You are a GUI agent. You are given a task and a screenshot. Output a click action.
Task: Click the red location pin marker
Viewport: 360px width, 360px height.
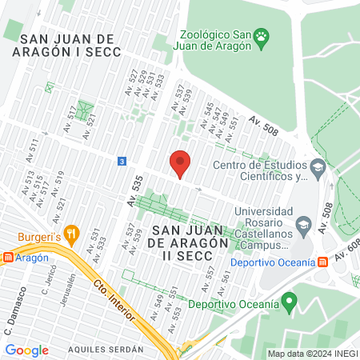click(x=181, y=163)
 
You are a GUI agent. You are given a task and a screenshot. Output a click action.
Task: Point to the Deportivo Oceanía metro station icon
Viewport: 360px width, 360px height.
click(x=322, y=262)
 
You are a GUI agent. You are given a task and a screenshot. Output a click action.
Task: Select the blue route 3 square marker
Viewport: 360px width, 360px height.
click(x=122, y=161)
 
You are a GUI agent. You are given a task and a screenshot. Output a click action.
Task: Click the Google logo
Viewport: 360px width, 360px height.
click(x=26, y=350)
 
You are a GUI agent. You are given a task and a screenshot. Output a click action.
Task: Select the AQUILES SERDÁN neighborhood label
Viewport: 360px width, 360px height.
click(x=106, y=350)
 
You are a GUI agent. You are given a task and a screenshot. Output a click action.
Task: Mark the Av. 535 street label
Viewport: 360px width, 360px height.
click(x=137, y=190)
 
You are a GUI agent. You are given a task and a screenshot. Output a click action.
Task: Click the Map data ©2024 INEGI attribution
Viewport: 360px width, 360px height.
click(x=312, y=354)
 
